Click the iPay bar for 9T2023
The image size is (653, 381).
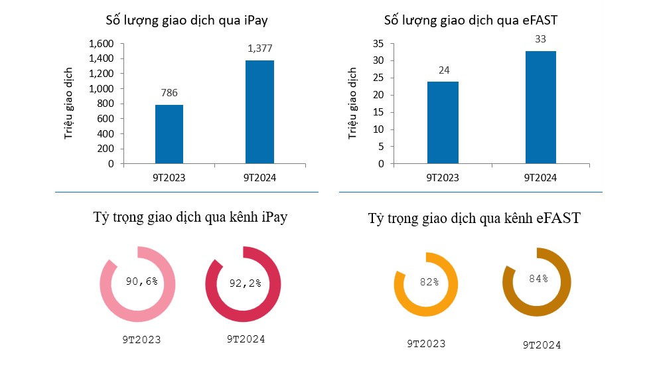click(169, 134)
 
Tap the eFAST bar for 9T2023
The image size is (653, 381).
click(442, 123)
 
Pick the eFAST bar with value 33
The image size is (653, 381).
click(542, 107)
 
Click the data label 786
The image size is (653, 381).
click(169, 94)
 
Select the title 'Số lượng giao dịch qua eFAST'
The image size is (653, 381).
click(471, 20)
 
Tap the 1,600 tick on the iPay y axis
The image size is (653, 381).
click(101, 43)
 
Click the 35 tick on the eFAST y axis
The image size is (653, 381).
click(378, 44)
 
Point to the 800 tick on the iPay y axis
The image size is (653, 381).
click(105, 104)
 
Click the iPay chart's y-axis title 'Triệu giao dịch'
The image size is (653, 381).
click(68, 103)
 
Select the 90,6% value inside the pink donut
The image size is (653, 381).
click(142, 281)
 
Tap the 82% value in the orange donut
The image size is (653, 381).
click(429, 282)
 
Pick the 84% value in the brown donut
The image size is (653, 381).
click(538, 278)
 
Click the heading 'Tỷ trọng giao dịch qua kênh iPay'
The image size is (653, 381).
click(190, 218)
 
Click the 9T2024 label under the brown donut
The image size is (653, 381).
click(542, 345)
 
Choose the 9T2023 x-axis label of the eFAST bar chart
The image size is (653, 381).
click(442, 177)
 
